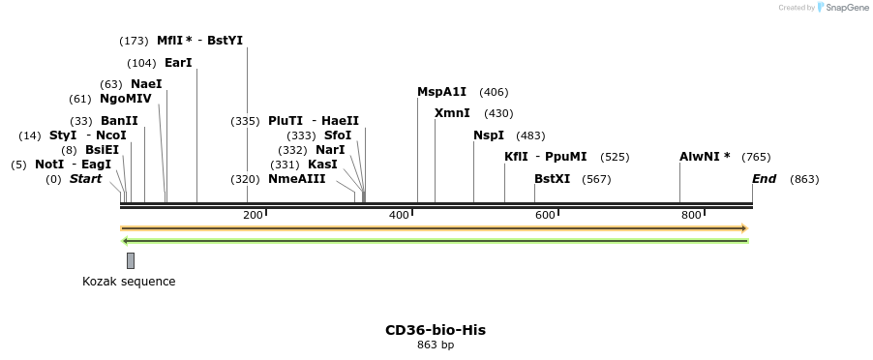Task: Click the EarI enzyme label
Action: [178, 63]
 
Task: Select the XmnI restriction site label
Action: [452, 113]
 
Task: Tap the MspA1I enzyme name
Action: [441, 92]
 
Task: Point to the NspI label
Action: [489, 135]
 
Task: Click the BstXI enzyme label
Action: [553, 179]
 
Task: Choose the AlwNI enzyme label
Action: [705, 157]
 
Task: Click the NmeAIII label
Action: [297, 179]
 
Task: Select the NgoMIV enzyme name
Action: [126, 99]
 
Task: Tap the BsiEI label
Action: [102, 150]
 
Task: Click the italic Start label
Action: [85, 179]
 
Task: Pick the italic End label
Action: [764, 179]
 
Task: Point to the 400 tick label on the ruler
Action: [399, 215]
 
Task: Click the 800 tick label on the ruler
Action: [691, 215]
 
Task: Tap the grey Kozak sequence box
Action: [131, 260]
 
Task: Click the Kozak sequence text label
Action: [129, 282]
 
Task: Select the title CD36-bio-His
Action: [436, 330]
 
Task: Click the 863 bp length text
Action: [436, 345]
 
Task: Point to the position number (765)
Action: [756, 157]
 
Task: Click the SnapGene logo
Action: [842, 8]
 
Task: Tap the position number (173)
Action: [134, 41]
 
